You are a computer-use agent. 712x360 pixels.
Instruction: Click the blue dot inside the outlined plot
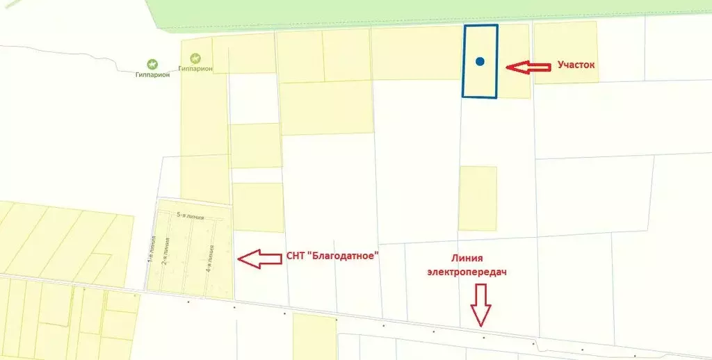coord(480,61)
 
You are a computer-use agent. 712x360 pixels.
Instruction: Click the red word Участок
coord(576,65)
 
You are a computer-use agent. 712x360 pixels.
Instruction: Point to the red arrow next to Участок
coord(526,67)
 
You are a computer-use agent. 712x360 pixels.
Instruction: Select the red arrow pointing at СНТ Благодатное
coord(259,259)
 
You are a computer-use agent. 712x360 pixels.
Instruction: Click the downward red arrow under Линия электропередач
coord(481,305)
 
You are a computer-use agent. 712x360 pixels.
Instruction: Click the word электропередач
coord(467,272)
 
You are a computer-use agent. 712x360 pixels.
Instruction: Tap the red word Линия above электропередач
coord(467,257)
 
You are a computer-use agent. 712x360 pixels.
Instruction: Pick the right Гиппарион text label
coord(195,69)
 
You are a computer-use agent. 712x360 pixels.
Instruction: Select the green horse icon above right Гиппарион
coord(195,58)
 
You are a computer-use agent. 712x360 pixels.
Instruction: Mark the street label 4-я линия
coord(210,259)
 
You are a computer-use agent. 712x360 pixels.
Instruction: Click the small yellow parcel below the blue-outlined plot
coord(478,198)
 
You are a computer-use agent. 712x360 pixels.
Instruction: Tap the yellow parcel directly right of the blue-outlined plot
coord(514,61)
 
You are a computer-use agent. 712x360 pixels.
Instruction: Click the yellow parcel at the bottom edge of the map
coord(314,336)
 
